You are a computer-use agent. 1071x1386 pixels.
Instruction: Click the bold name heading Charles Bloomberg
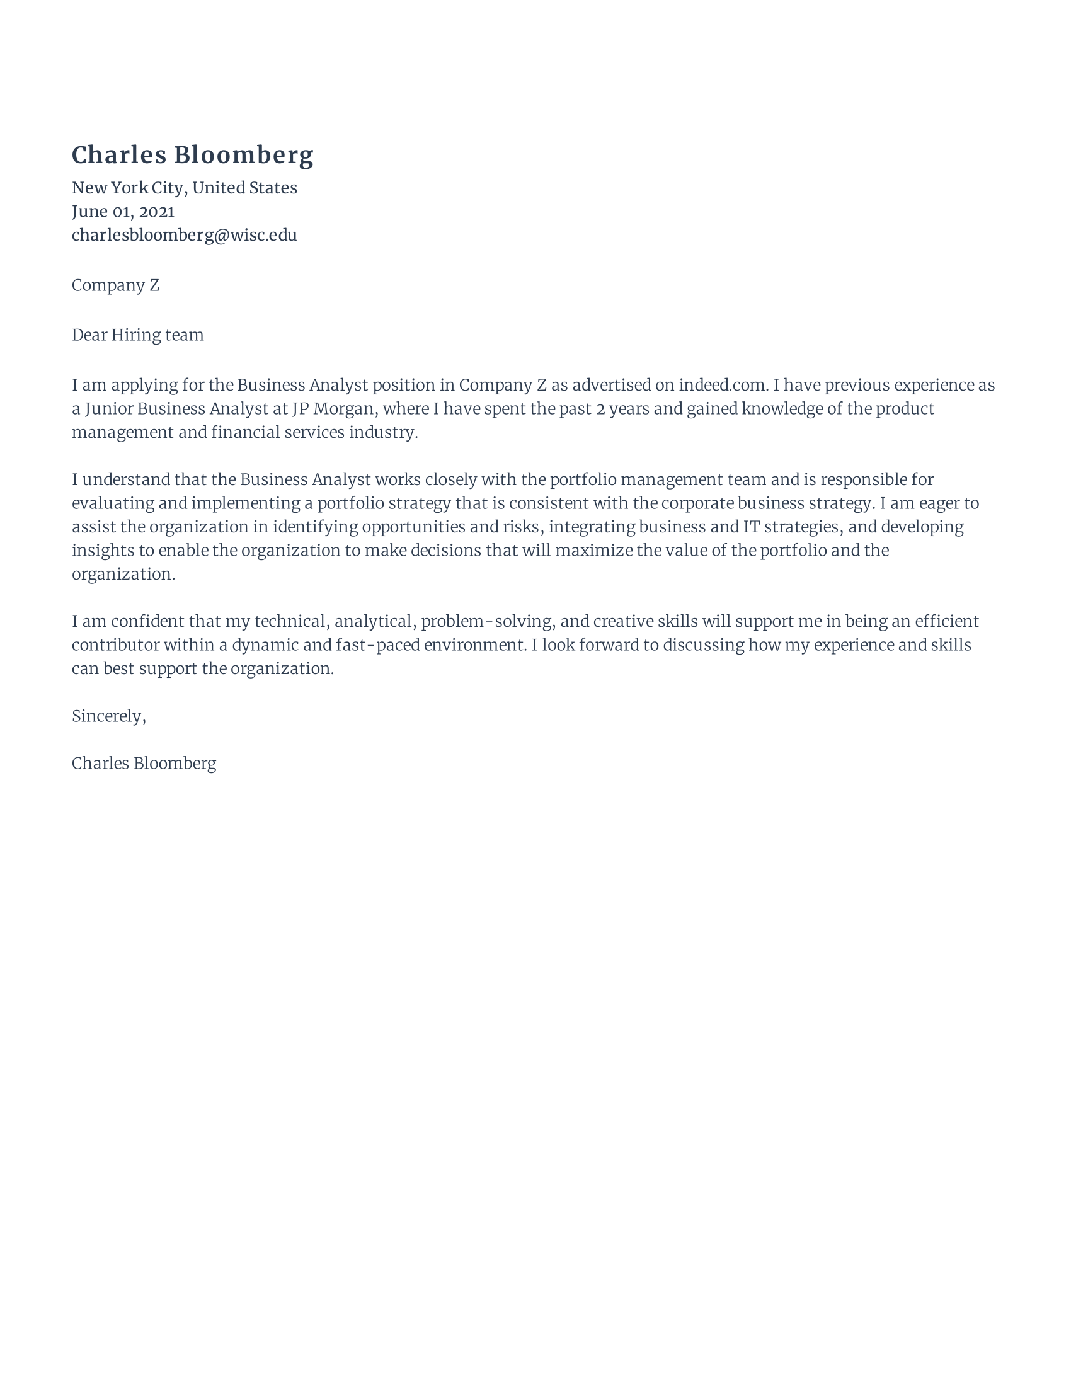(x=192, y=155)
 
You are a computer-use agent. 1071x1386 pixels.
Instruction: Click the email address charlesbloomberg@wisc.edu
(x=184, y=235)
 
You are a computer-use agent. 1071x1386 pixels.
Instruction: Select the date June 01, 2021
(x=122, y=211)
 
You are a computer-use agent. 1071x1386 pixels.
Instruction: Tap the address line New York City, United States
(x=184, y=188)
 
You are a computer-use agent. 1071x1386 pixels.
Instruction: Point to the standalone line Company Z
(x=115, y=285)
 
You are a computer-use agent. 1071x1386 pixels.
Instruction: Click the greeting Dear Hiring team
(x=137, y=335)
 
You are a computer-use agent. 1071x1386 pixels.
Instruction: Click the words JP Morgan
(x=332, y=409)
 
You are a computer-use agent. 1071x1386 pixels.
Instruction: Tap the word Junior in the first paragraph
(x=109, y=409)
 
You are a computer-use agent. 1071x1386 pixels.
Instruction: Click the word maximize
(x=593, y=550)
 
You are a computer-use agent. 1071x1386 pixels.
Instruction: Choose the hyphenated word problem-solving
(x=486, y=621)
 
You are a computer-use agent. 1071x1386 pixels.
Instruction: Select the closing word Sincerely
(x=108, y=716)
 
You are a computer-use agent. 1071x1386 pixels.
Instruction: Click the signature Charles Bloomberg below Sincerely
(x=144, y=764)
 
